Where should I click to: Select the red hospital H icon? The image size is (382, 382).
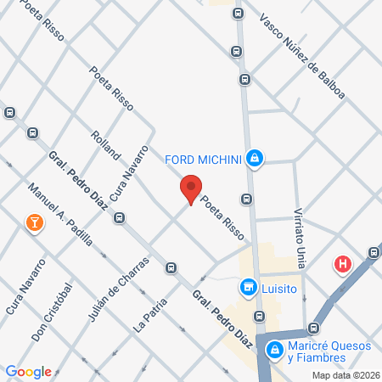[344, 263]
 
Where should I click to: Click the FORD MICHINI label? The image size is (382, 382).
[203, 158]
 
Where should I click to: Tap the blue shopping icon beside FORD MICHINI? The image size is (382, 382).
[254, 158]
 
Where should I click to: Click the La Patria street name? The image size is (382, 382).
[149, 314]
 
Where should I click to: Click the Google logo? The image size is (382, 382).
[29, 372]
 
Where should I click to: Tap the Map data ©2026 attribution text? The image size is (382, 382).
[345, 375]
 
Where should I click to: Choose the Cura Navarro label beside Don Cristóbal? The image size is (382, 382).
[25, 287]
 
